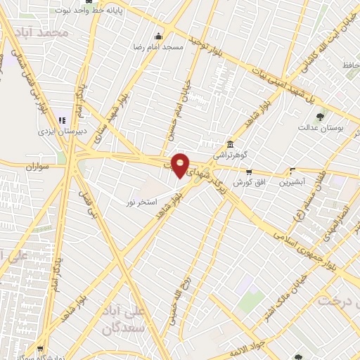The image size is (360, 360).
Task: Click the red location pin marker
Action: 181,165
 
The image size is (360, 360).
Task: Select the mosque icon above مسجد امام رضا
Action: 159,36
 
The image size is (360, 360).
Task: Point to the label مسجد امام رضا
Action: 159,46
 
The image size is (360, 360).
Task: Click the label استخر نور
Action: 140,202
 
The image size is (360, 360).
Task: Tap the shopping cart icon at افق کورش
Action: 248,172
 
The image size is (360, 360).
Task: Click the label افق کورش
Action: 248,182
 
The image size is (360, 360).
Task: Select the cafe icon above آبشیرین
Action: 292,171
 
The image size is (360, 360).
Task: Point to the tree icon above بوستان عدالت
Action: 321,117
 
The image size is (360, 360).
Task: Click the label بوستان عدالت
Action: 321,128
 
